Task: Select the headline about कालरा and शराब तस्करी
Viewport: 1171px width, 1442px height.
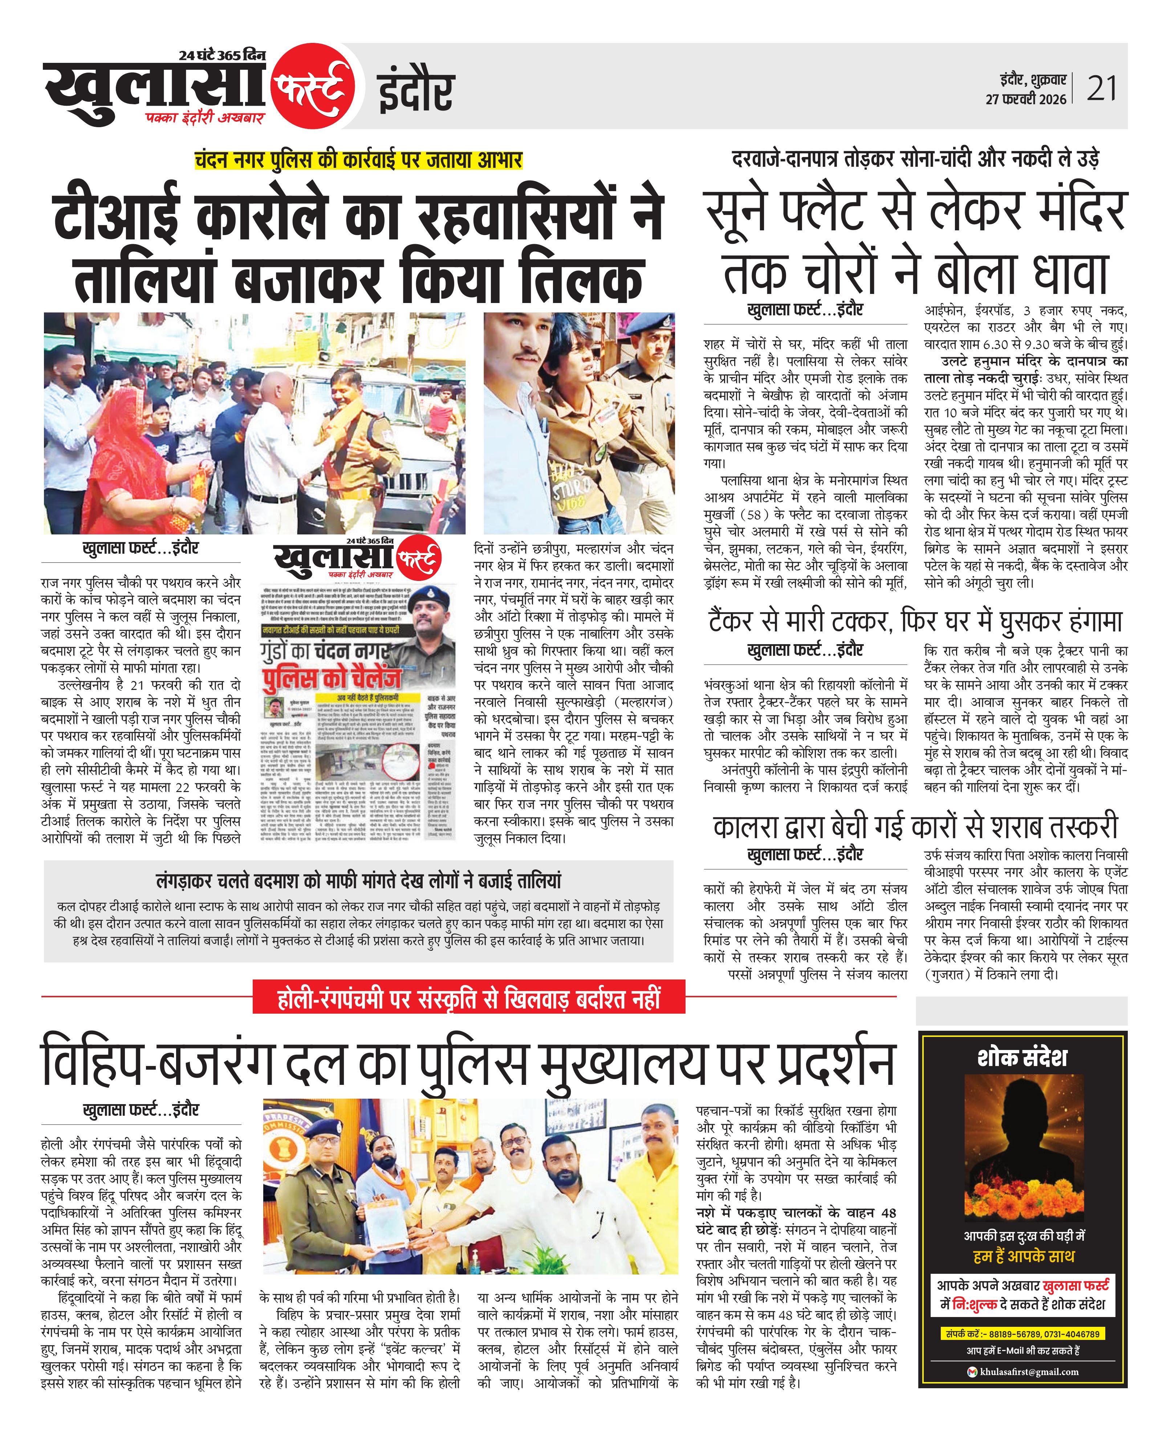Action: click(x=915, y=827)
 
